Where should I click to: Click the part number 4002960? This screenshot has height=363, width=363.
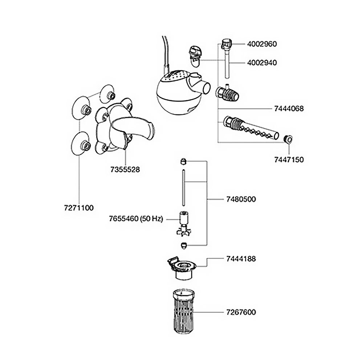(262, 44)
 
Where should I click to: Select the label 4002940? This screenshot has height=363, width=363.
(262, 63)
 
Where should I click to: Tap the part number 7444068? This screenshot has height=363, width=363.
(289, 109)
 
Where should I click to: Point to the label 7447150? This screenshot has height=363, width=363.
(289, 160)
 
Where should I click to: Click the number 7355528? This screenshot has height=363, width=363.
(125, 170)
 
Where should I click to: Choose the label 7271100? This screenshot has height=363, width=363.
(79, 208)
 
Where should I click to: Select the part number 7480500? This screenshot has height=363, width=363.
(241, 199)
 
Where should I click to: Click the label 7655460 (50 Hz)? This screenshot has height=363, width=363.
(136, 219)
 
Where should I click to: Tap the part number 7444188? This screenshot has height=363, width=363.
(241, 259)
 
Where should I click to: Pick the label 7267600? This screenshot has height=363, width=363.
(241, 312)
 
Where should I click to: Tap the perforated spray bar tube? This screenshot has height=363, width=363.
(251, 128)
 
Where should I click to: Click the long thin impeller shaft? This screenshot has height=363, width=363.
(183, 188)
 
